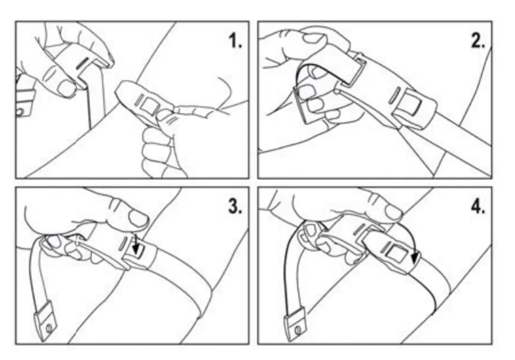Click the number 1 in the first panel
click(x=235, y=41)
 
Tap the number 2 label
click(x=478, y=41)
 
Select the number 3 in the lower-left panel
click(x=235, y=207)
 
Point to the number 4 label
click(x=478, y=207)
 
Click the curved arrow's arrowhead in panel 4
click(x=415, y=257)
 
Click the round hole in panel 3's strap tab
click(x=49, y=328)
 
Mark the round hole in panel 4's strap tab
click(x=298, y=329)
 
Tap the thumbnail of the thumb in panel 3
click(x=138, y=217)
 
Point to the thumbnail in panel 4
click(x=393, y=212)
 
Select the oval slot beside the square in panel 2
click(x=393, y=95)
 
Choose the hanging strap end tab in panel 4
click(x=295, y=324)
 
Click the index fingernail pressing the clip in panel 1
click(x=66, y=88)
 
